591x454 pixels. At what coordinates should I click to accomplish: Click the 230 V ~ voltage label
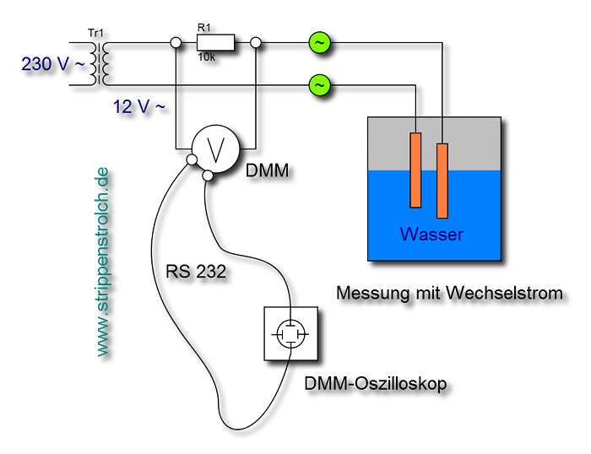point(52,64)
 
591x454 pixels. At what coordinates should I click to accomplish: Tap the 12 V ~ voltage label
point(138,106)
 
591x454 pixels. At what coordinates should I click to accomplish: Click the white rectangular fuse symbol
point(215,42)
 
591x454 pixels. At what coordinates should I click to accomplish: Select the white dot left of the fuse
point(176,42)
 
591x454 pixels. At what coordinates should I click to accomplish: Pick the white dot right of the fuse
point(256,42)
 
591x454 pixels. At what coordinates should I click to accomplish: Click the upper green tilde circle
point(319,42)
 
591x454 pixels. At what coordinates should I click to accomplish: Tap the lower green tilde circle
point(319,85)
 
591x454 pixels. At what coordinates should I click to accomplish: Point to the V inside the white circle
point(215,149)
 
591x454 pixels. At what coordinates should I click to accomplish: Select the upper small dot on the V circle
point(192,159)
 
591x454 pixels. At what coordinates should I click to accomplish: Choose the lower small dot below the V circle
point(208,176)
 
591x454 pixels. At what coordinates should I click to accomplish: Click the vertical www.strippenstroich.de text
point(102,262)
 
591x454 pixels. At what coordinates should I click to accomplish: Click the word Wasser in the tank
point(431,235)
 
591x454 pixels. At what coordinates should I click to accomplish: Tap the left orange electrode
point(415,170)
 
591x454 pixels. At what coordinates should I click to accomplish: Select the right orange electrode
point(442,181)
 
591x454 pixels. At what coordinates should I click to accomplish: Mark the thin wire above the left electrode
point(415,125)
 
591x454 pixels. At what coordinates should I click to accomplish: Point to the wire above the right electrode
point(442,130)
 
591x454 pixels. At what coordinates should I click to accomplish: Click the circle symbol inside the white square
point(290,334)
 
